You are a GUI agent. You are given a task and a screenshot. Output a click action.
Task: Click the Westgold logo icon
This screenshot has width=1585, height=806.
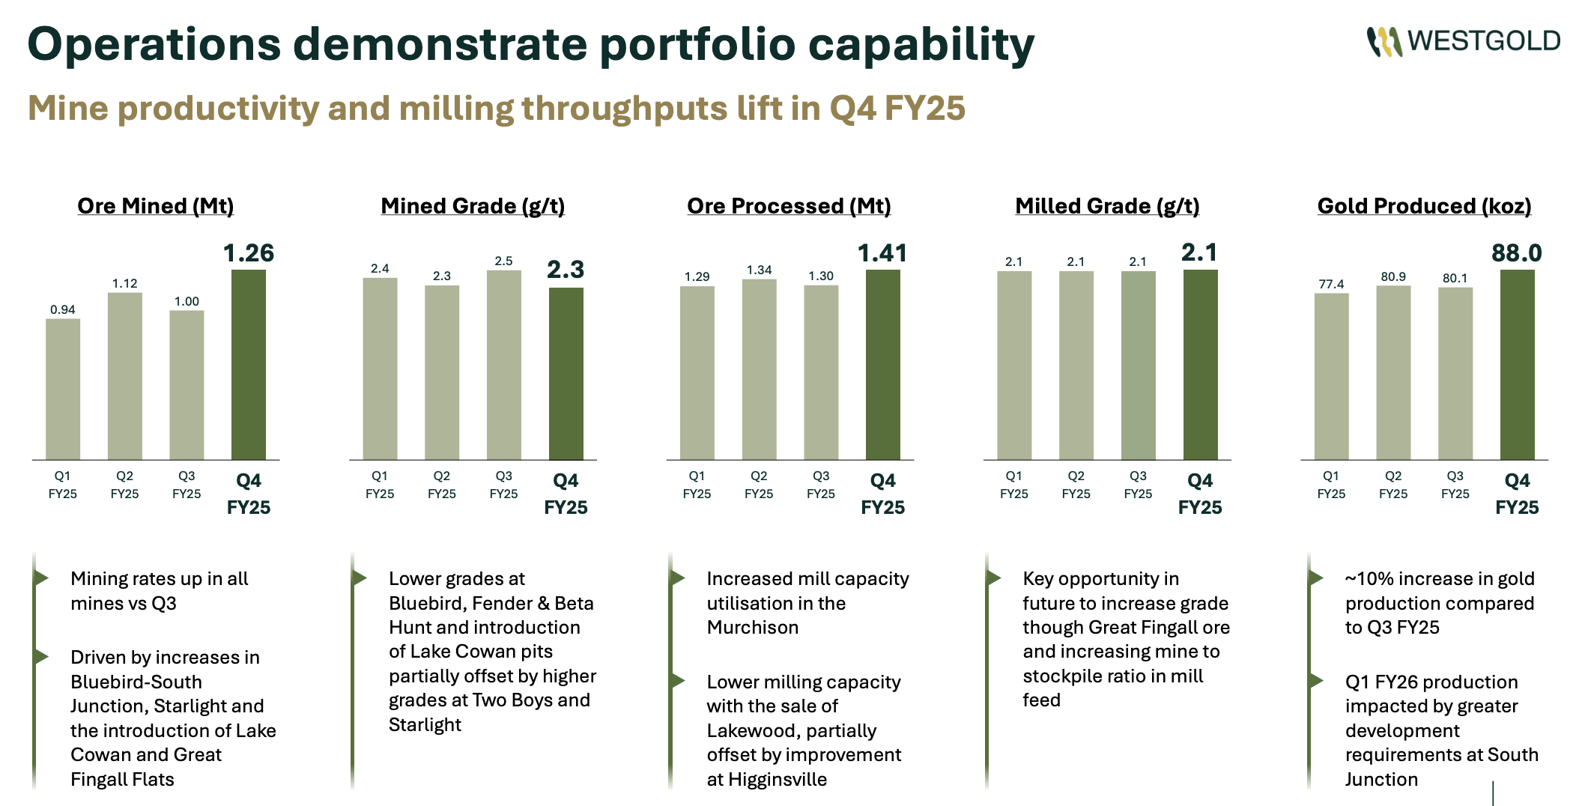pyautogui.click(x=1384, y=42)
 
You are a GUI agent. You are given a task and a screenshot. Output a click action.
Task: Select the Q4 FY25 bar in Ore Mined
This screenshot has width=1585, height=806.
pyautogui.click(x=249, y=365)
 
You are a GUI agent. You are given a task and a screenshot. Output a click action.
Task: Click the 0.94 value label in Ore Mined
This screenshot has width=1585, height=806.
pyautogui.click(x=63, y=309)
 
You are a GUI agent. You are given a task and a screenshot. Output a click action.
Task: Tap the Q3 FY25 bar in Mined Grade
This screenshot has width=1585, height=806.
pyautogui.click(x=504, y=365)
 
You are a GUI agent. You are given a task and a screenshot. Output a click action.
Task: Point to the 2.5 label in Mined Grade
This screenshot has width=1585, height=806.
pyautogui.click(x=503, y=261)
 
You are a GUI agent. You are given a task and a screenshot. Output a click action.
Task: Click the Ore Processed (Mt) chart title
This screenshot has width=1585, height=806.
pyautogui.click(x=789, y=206)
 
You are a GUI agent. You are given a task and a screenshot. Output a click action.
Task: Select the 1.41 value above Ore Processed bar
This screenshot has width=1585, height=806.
pyautogui.click(x=882, y=253)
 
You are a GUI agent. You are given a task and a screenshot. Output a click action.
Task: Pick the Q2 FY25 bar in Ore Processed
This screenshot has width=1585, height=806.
pyautogui.click(x=759, y=369)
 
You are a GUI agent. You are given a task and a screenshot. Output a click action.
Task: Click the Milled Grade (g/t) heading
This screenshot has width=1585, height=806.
pyautogui.click(x=1107, y=206)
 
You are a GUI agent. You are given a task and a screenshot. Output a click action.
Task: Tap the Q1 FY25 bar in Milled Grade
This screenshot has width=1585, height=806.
pyautogui.click(x=1014, y=365)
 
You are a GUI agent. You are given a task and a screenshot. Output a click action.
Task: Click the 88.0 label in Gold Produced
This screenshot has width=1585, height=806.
pyautogui.click(x=1516, y=253)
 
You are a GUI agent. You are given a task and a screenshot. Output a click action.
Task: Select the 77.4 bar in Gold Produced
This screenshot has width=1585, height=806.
pyautogui.click(x=1331, y=376)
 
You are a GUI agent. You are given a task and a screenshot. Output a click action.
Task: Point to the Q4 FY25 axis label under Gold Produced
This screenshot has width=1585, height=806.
pyautogui.click(x=1517, y=494)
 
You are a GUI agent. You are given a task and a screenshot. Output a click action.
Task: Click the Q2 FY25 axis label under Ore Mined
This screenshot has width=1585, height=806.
pyautogui.click(x=124, y=485)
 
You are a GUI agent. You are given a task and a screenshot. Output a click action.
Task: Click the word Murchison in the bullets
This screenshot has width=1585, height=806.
pyautogui.click(x=753, y=628)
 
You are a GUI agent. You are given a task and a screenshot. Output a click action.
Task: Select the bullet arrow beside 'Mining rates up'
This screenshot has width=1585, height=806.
pyautogui.click(x=42, y=578)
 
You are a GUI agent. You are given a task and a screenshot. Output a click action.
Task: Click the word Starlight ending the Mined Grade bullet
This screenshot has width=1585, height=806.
pyautogui.click(x=425, y=725)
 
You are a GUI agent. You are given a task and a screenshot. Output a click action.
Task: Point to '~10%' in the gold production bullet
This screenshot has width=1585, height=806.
pyautogui.click(x=1369, y=579)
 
